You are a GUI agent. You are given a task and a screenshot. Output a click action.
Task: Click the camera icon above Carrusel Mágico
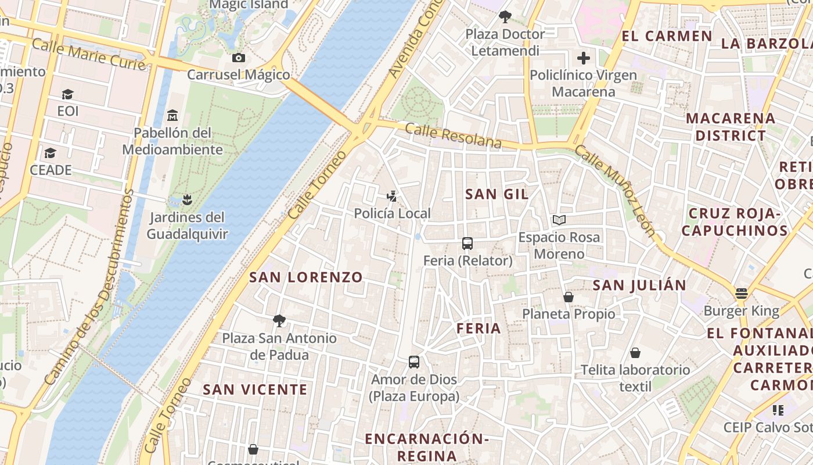pos(238,58)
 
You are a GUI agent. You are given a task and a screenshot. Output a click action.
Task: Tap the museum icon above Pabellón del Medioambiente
pos(172,116)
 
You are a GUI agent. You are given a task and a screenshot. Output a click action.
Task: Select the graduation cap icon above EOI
pos(67,94)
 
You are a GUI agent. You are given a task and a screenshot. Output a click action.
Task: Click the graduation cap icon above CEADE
pos(51,153)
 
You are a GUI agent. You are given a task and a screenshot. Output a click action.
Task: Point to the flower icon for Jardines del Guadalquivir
pos(186,201)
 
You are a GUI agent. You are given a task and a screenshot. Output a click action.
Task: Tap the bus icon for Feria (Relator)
pos(467,244)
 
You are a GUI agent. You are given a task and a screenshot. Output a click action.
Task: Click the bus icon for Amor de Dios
pos(414,362)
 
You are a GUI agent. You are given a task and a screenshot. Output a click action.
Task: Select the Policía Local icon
pos(393,196)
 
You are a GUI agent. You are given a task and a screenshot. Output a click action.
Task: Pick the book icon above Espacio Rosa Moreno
pos(559,220)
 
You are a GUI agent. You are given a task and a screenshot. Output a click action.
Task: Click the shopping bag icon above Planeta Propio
pos(569,297)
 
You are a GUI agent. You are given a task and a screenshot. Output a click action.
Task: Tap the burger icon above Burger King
pos(741,294)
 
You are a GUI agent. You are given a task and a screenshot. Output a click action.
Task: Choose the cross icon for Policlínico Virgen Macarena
pos(584,58)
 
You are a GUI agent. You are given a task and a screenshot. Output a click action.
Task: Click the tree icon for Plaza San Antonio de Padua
pos(279,321)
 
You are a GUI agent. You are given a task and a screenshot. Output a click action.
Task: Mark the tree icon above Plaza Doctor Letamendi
pos(505,17)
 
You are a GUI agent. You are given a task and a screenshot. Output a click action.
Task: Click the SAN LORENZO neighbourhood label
pos(306,277)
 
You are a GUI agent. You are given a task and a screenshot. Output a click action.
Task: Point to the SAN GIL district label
pos(497,194)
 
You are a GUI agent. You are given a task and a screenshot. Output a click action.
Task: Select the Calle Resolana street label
pos(453,135)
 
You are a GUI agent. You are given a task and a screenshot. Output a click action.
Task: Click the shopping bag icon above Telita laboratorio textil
pos(635,353)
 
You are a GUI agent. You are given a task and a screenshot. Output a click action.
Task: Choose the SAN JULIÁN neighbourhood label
pos(639,285)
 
